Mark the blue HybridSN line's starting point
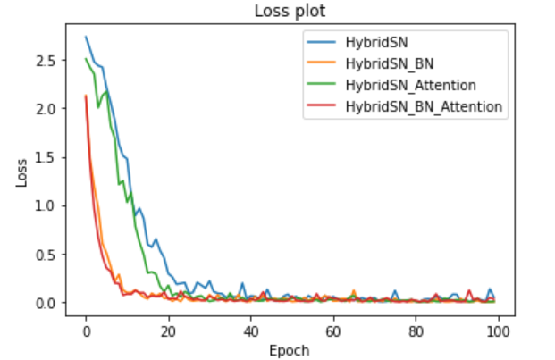[x=86, y=37]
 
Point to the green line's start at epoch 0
[x=86, y=59]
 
